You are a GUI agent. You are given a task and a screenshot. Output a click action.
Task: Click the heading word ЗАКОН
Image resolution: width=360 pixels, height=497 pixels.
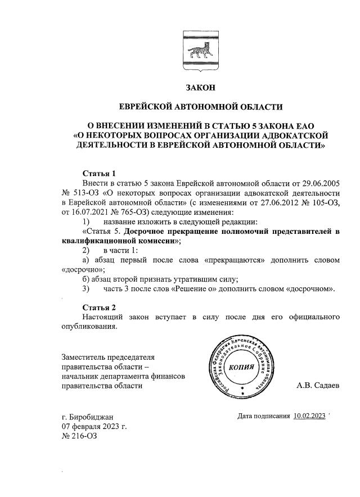[x=200, y=88]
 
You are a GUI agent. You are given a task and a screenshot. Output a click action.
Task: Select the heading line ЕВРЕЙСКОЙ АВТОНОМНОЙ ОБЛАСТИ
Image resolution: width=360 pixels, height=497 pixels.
[x=200, y=106]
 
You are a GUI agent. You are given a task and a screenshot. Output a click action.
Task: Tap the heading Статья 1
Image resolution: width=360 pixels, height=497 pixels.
[x=99, y=173]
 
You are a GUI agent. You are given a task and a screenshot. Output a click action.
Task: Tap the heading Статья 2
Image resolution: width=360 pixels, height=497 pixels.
[x=99, y=308]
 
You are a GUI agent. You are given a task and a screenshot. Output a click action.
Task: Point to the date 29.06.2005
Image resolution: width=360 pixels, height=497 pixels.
[x=319, y=183]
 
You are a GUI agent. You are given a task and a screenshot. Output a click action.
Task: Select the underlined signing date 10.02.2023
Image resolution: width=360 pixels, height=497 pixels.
[x=309, y=416]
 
